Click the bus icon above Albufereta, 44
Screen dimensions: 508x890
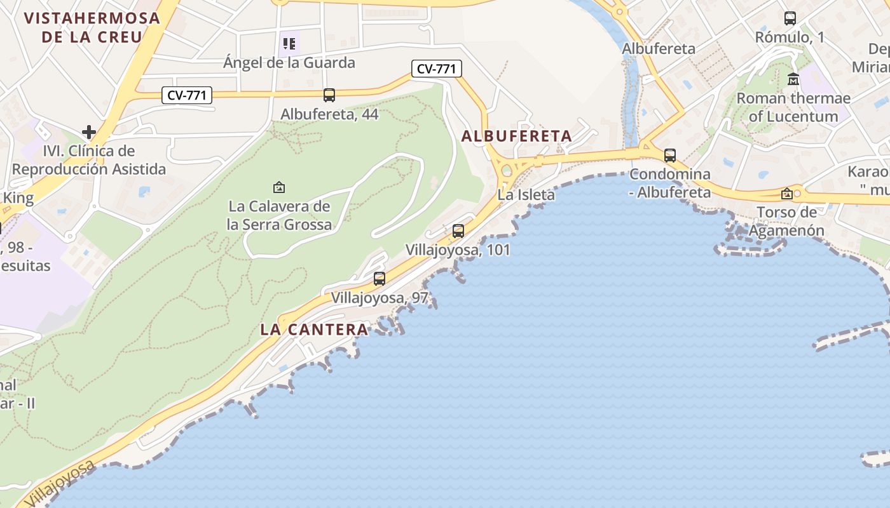(x=329, y=95)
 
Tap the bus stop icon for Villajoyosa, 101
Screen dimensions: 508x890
(x=458, y=231)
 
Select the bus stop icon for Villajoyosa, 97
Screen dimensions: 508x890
(x=380, y=278)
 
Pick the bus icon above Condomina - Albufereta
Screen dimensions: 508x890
(x=670, y=155)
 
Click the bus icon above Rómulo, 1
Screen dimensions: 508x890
(x=790, y=18)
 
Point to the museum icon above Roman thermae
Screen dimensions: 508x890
(x=793, y=79)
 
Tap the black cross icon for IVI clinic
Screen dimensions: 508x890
(x=89, y=132)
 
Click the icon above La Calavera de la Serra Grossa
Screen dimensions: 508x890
(x=278, y=187)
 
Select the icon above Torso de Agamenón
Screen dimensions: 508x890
(x=787, y=194)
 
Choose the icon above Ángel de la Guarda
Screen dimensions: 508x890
(x=289, y=44)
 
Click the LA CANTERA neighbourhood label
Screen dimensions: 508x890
(x=314, y=330)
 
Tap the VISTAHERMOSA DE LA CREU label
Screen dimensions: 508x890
(x=92, y=27)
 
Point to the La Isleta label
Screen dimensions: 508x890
(x=526, y=195)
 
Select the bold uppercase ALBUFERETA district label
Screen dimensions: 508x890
(x=516, y=136)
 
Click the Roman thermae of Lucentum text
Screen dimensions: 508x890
(x=793, y=107)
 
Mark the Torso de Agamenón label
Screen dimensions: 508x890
(x=786, y=221)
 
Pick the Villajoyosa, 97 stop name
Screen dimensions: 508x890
(x=380, y=298)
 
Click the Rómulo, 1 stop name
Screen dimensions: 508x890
(x=790, y=37)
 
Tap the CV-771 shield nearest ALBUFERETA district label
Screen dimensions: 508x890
(x=436, y=69)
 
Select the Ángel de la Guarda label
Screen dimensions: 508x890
(x=289, y=63)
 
